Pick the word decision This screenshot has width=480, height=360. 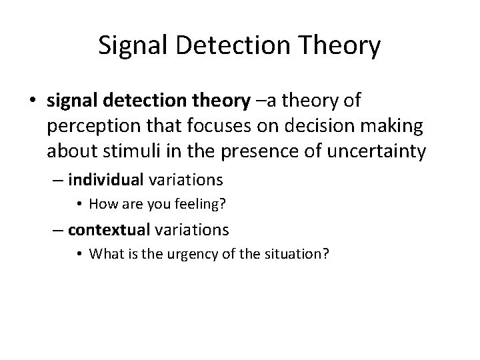[x=299, y=126]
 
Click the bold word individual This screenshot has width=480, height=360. [x=105, y=179]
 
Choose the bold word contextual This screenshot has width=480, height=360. [x=109, y=230]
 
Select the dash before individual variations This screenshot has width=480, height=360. [x=59, y=180]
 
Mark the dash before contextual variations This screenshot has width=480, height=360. [x=59, y=231]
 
